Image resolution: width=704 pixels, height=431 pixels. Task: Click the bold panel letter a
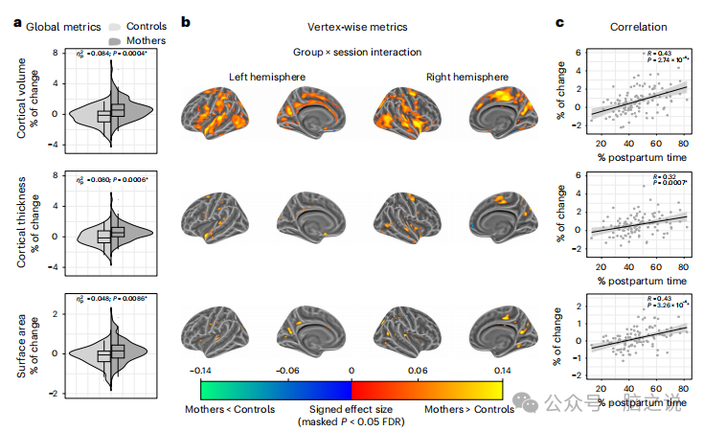coord(17,25)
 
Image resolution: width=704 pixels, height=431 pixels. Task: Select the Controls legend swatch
coord(116,27)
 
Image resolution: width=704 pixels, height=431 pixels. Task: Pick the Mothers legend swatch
coord(116,41)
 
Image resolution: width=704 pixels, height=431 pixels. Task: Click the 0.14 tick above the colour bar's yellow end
coord(500,368)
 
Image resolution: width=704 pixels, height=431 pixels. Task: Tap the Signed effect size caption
coord(352,408)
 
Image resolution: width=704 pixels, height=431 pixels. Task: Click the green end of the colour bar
coord(209,388)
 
